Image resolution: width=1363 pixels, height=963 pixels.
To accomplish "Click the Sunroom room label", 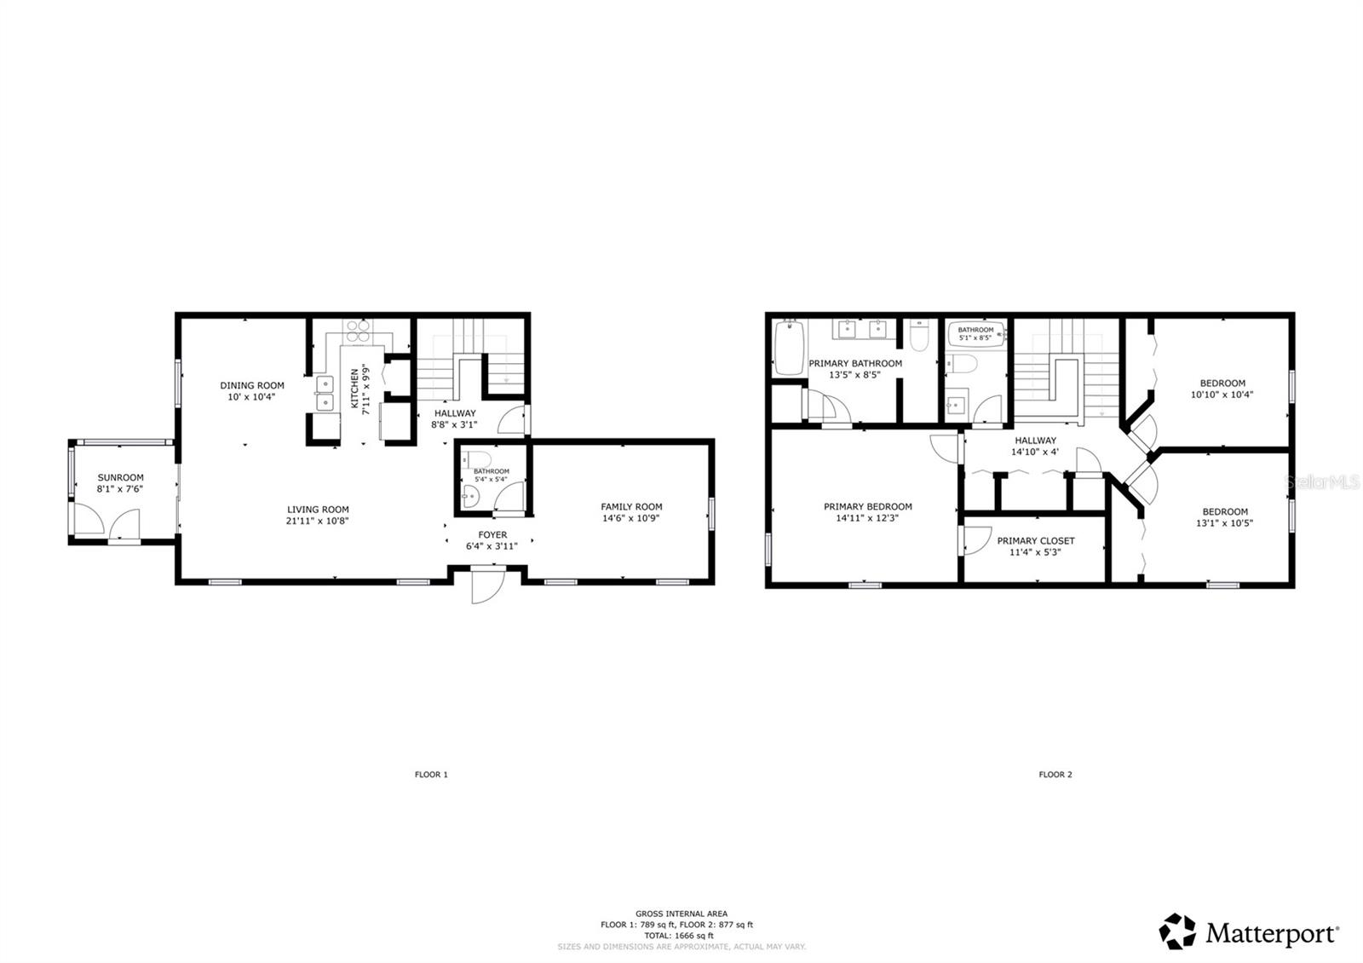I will click(120, 478).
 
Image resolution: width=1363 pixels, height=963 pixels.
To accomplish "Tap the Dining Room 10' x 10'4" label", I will click(252, 390).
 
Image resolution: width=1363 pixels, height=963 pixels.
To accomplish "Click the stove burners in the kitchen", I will click(358, 327).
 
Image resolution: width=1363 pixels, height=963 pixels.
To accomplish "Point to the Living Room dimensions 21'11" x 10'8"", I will click(318, 521).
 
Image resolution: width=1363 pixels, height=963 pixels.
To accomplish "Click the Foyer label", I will click(492, 535).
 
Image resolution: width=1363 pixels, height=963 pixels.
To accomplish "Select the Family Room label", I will click(631, 507).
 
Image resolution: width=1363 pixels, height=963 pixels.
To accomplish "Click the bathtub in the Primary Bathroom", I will click(789, 348).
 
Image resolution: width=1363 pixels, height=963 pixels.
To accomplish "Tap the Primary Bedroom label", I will click(867, 507).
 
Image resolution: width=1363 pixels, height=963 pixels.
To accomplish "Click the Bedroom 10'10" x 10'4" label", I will click(1222, 389).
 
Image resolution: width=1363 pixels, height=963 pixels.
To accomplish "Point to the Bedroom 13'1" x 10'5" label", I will click(1224, 517).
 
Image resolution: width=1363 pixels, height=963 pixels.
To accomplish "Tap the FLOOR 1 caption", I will click(431, 775).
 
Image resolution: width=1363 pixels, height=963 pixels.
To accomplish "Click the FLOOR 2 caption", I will click(1055, 775).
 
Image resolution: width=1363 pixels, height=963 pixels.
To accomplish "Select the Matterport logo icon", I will click(1178, 931).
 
